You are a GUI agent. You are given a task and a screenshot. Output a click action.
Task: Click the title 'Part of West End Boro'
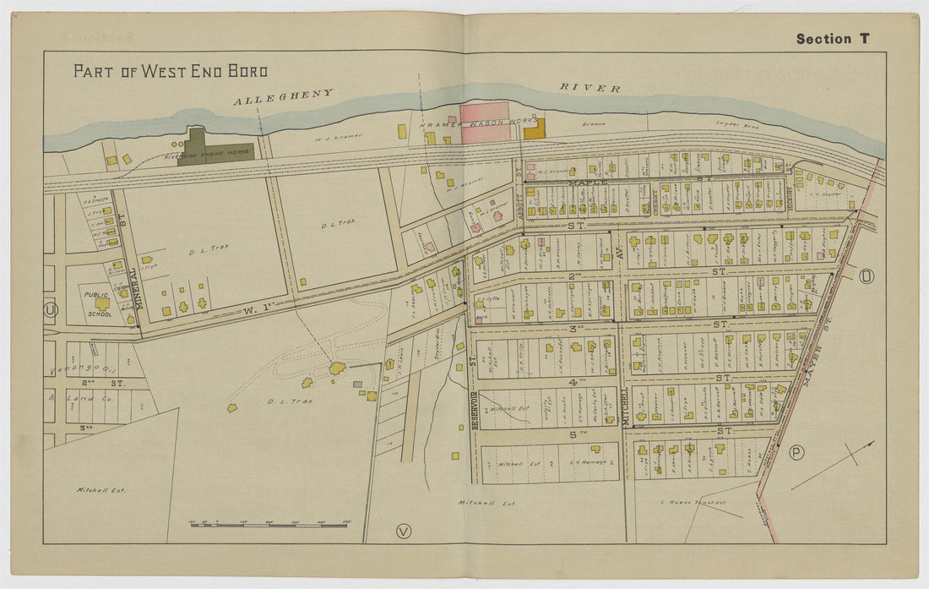tap(170, 71)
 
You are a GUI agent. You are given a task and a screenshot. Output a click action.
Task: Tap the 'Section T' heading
tap(832, 39)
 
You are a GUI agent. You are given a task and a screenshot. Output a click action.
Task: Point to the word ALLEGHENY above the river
tap(283, 98)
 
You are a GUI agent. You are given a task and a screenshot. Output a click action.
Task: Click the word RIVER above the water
tap(589, 88)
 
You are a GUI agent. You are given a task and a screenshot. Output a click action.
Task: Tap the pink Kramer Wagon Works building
tap(485, 123)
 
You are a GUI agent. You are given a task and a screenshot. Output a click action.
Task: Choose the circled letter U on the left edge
tap(52, 310)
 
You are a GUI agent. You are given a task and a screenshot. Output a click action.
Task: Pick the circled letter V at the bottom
tap(403, 532)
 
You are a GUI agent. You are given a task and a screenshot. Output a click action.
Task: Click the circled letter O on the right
tap(867, 276)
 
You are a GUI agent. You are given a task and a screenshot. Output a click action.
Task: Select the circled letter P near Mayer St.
tap(796, 453)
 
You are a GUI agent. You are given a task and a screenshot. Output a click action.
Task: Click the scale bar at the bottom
tap(270, 525)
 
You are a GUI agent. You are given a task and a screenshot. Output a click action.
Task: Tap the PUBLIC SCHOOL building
tap(102, 303)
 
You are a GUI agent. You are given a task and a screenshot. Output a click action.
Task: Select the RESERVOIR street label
tap(474, 406)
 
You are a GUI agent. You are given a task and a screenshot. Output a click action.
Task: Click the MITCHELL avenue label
tap(626, 406)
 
